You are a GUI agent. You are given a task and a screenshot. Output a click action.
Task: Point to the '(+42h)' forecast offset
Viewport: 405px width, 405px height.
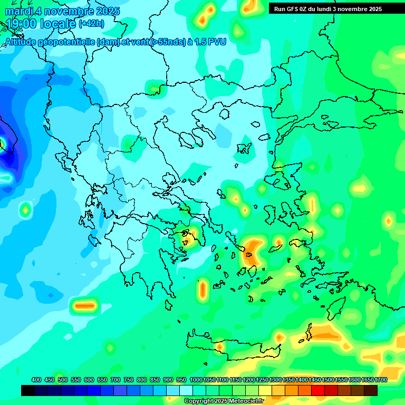[x=91, y=24]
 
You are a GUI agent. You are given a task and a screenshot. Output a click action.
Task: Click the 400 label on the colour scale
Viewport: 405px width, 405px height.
[x=36, y=380]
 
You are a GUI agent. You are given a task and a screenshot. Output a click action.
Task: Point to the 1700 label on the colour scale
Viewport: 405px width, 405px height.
[x=381, y=380]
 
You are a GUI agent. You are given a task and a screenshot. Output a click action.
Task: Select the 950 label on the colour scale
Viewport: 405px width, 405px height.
[x=181, y=380]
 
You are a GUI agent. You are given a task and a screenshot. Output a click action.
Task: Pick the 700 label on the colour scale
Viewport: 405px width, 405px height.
[x=115, y=380]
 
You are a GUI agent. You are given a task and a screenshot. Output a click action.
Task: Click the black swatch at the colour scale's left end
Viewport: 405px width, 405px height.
[x=28, y=390]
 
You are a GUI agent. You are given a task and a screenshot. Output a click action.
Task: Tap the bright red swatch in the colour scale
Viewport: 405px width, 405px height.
[x=318, y=390]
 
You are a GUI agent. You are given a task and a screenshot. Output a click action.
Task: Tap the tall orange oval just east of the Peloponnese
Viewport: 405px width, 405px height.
[x=202, y=290]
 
